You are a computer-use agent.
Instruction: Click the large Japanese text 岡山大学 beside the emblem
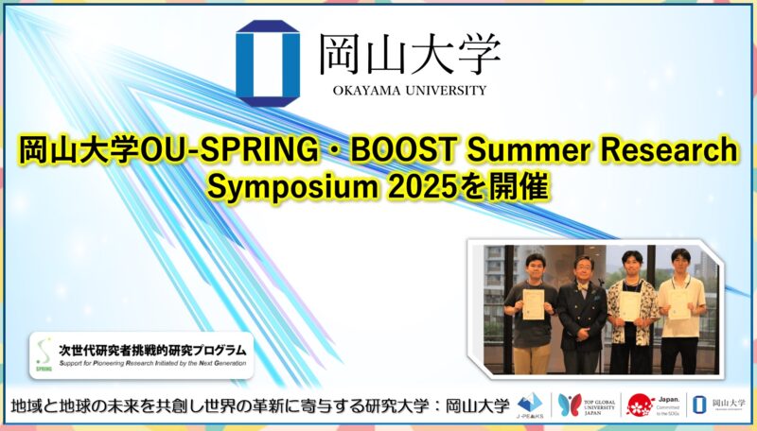tap(409, 54)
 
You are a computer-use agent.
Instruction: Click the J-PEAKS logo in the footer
tap(531, 405)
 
